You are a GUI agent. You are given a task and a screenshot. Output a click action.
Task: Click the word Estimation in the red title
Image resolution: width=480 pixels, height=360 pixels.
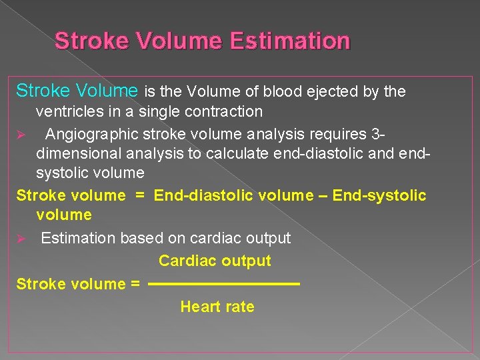290,41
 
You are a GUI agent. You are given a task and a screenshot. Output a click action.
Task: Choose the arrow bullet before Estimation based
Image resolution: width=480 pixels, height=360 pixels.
21,239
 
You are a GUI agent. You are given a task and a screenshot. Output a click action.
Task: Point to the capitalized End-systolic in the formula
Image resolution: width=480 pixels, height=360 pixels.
379,195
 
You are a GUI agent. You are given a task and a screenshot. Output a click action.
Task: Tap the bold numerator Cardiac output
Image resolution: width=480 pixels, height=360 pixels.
215,261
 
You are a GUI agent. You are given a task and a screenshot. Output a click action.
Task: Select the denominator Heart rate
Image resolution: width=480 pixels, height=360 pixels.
217,307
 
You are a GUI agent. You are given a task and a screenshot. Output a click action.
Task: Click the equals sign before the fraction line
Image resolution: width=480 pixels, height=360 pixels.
135,285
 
